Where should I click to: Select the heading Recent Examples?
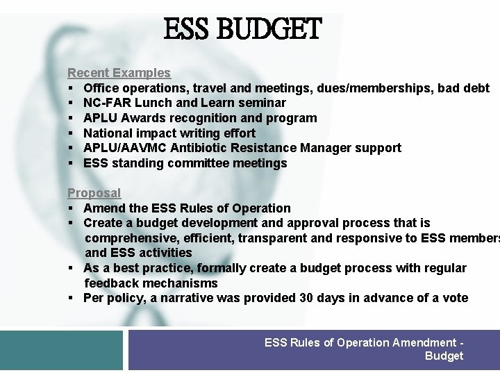tap(119, 73)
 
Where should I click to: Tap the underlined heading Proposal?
tap(94, 193)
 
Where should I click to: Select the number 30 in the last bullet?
tap(306, 298)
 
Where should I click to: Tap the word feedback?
tap(112, 283)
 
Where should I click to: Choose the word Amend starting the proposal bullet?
tap(102, 208)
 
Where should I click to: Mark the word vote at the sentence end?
tap(455, 298)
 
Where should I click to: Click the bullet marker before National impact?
tap(72, 133)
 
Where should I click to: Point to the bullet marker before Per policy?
tap(72, 299)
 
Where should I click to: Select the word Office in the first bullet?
tap(101, 88)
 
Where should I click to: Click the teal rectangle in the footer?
tap(62, 350)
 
